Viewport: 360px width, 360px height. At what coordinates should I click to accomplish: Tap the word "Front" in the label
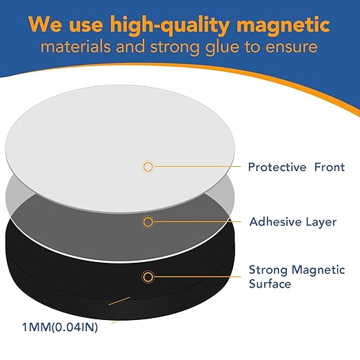click(x=328, y=167)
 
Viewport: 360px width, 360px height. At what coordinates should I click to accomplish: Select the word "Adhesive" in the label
click(x=274, y=222)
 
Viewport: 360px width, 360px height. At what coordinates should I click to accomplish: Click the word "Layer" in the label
click(x=321, y=222)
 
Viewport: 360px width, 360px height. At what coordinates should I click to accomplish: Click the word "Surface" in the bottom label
click(x=270, y=283)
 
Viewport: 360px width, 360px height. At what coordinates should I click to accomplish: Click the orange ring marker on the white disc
click(x=148, y=166)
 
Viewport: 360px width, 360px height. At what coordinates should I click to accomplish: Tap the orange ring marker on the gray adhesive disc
click(x=148, y=222)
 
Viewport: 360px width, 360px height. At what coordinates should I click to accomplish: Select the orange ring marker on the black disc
click(x=148, y=277)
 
